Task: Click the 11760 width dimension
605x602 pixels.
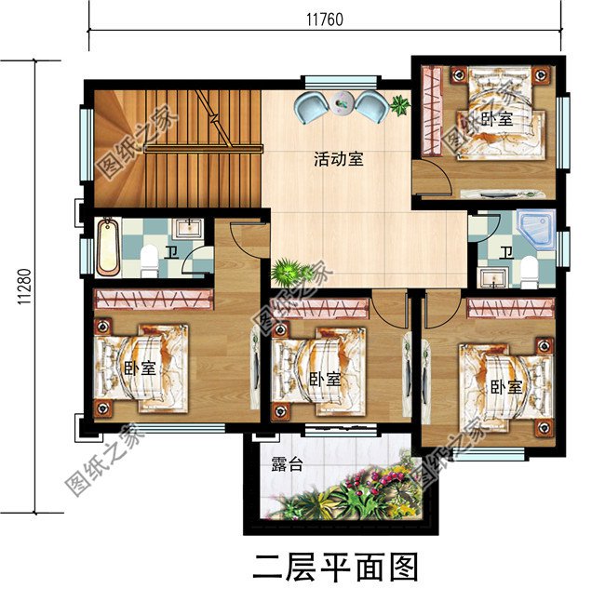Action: (x=325, y=18)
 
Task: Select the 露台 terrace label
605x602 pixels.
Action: (x=286, y=464)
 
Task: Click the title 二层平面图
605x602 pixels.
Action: (x=336, y=567)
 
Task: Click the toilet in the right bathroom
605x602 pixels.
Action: (x=529, y=271)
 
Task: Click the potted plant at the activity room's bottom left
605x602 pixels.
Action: (x=291, y=274)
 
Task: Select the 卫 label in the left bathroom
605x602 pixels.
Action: (x=171, y=252)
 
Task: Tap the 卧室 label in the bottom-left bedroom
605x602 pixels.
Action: (x=139, y=368)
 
